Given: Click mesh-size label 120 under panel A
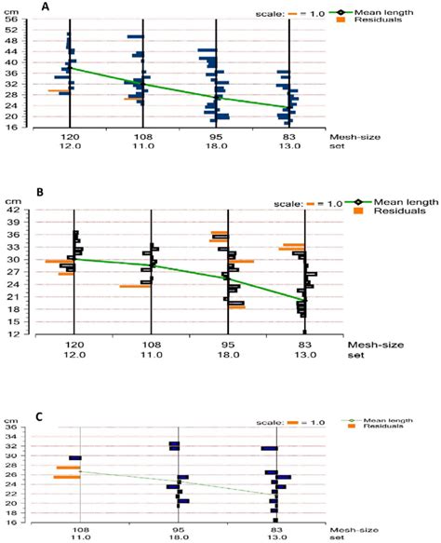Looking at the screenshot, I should (x=70, y=136).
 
